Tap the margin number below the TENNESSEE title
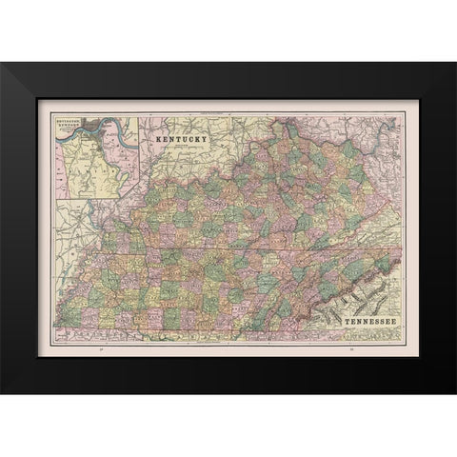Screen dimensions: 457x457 pyautogui.click(x=351, y=352)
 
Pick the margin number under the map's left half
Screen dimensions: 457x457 pyautogui.click(x=101, y=352)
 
